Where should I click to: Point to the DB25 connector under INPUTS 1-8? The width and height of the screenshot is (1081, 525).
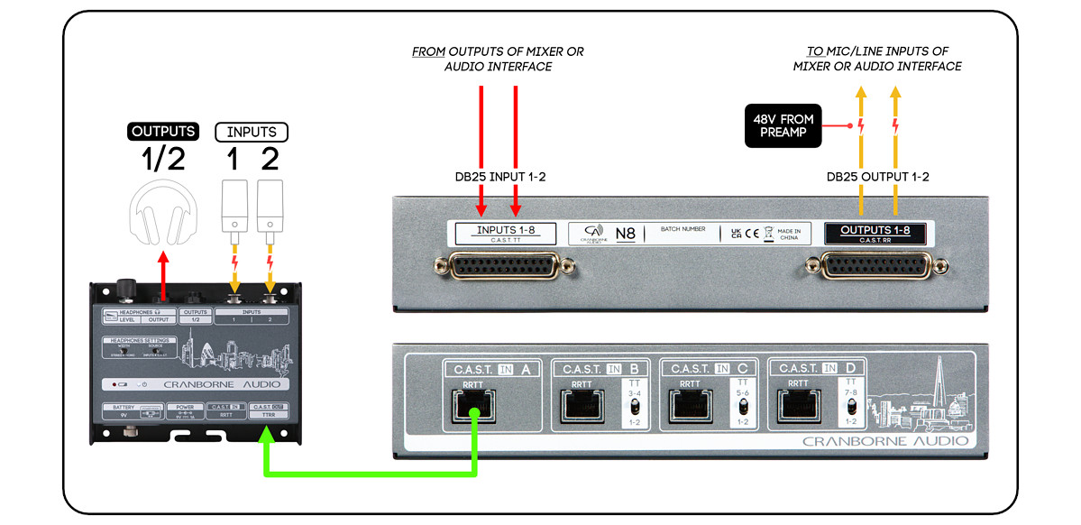point(505,266)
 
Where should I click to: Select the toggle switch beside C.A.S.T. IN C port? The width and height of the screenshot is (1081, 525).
point(742,407)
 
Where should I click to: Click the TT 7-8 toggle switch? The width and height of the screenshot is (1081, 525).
point(851,407)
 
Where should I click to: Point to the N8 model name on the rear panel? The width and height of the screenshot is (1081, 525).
point(625,235)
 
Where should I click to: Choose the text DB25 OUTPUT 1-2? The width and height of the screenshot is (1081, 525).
point(877,177)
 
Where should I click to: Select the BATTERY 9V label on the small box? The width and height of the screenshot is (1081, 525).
point(124,411)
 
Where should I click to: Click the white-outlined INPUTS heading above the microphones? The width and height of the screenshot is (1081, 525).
point(251,132)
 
